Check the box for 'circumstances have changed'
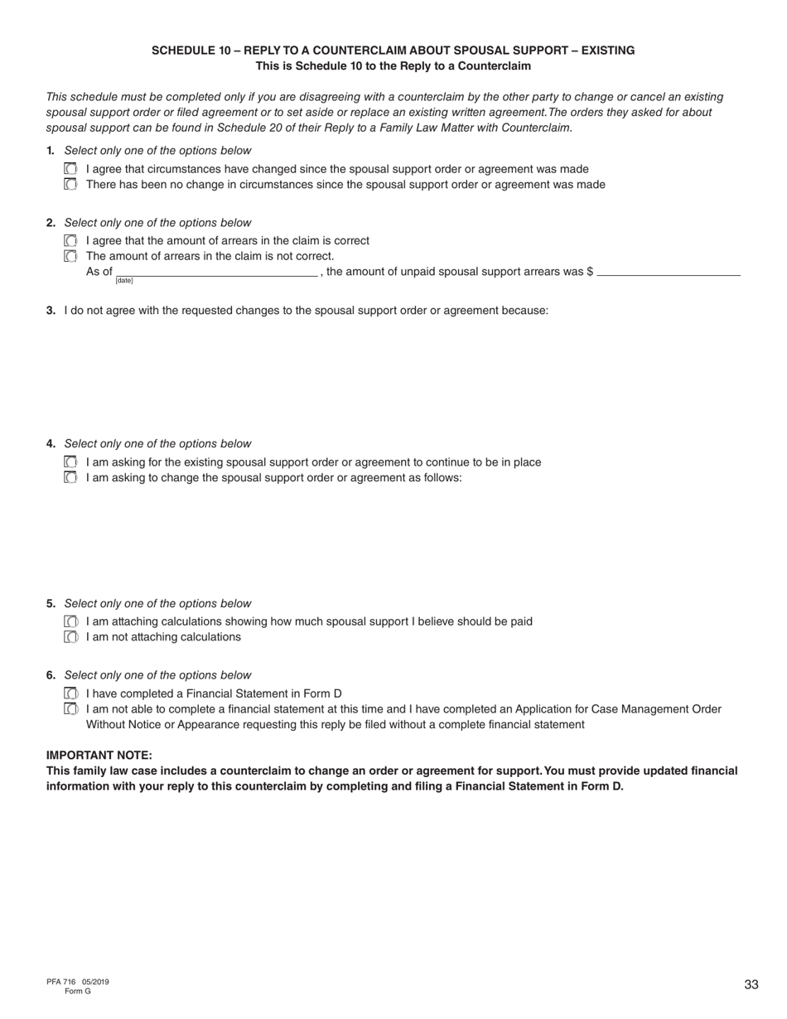[x=70, y=169]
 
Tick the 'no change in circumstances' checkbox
[x=70, y=185]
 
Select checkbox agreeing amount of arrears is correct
[x=70, y=240]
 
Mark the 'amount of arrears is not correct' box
[x=70, y=256]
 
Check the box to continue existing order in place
[x=70, y=462]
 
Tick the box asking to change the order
[x=70, y=478]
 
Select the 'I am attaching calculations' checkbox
[x=70, y=621]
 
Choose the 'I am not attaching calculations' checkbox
[x=70, y=637]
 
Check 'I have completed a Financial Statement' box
[x=70, y=693]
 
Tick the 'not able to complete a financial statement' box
[x=70, y=709]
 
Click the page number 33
[x=751, y=985]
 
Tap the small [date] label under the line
[x=124, y=281]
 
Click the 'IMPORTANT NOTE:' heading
[x=99, y=756]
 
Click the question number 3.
[x=51, y=311]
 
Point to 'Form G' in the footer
[x=78, y=991]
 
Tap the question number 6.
[x=51, y=675]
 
